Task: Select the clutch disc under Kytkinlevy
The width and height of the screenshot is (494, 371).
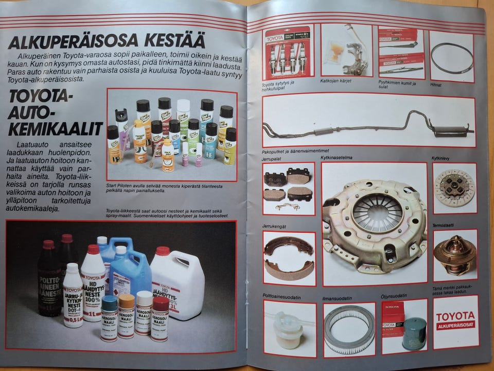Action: [454, 188]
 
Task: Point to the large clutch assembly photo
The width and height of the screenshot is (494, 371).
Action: [375, 225]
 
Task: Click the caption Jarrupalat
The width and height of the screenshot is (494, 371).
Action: [272, 159]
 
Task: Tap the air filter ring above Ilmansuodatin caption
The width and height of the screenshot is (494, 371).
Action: [349, 329]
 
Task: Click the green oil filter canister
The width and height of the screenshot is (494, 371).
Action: [414, 333]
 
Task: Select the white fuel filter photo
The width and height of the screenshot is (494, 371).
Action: [289, 329]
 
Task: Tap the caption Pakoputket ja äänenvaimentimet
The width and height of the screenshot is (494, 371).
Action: [295, 151]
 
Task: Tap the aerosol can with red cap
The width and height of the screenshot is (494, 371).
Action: [160, 318]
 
